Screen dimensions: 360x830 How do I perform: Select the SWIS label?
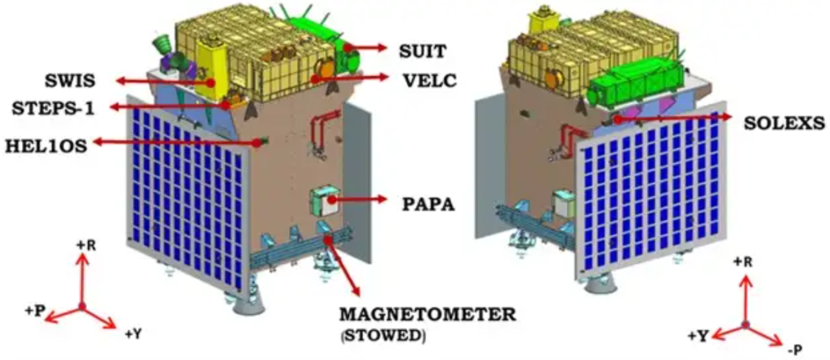coord(72,81)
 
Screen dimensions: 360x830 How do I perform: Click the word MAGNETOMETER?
coord(428,316)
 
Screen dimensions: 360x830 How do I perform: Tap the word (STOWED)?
coord(381,336)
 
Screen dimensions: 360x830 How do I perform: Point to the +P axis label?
coord(34,311)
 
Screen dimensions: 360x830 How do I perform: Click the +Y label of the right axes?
coord(700,335)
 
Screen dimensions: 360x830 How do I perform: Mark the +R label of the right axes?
coord(742,262)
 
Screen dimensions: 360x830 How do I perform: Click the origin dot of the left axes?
coord(82,306)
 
